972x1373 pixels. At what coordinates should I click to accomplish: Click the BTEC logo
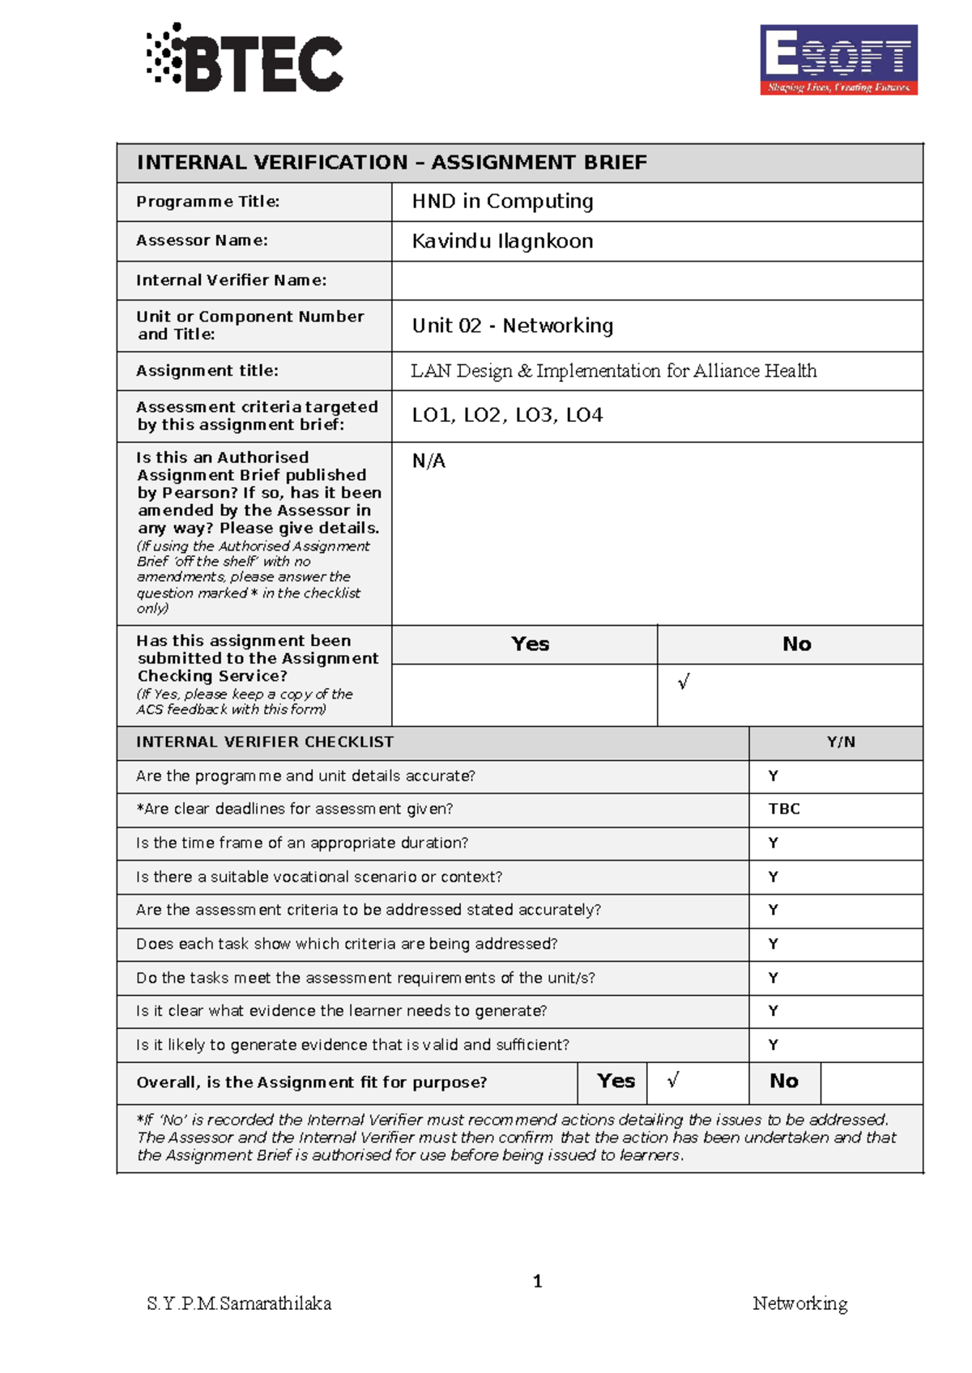245,58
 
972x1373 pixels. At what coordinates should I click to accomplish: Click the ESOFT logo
838,60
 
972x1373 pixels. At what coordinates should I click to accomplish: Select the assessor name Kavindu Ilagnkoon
502,241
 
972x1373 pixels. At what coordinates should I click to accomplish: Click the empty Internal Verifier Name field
656,281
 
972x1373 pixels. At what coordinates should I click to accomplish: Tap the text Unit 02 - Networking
512,325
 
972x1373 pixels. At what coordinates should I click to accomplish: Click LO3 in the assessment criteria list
534,415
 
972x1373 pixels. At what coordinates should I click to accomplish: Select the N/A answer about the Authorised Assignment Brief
428,461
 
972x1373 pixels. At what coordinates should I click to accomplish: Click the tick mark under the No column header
684,682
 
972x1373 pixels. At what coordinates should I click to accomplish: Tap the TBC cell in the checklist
784,809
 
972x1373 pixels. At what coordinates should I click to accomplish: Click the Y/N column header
841,742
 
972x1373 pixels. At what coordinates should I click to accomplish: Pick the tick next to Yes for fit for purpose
673,1081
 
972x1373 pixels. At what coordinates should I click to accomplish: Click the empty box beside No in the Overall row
871,1082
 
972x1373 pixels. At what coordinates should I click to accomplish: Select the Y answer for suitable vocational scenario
774,877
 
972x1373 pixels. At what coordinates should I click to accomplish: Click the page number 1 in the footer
538,1281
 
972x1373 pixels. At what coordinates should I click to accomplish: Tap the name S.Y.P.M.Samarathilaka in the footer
239,1303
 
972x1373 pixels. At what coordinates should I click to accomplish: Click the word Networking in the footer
799,1303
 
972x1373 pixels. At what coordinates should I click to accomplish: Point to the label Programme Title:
208,202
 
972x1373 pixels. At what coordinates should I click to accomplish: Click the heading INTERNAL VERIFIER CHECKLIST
265,742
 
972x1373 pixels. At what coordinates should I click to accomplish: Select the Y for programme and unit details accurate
774,776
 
